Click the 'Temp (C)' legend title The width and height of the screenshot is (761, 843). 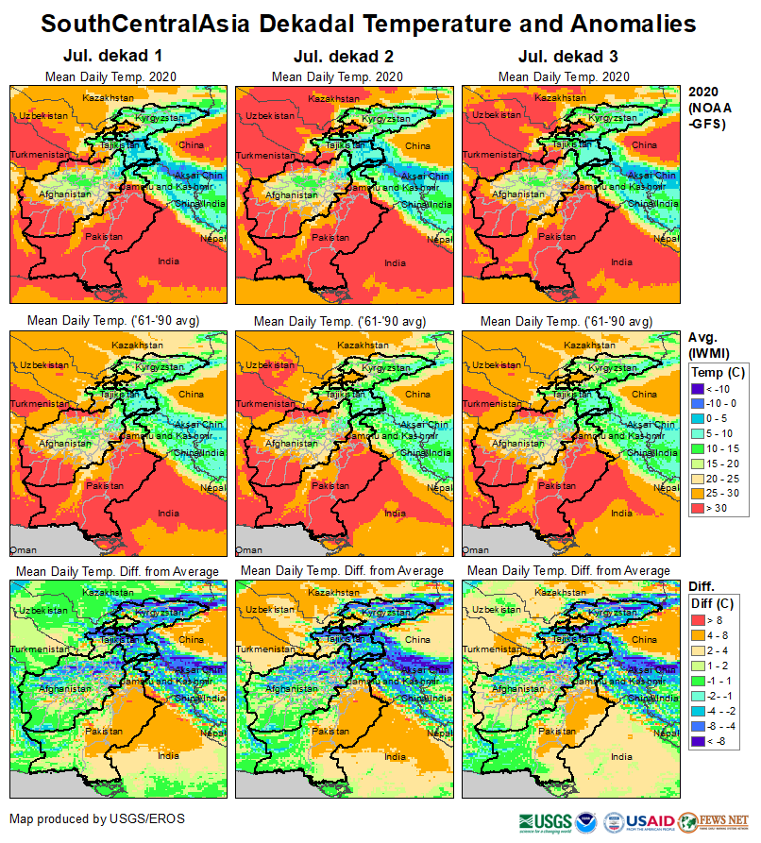[x=718, y=372]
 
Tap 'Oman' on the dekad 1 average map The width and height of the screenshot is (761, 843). [x=23, y=548]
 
